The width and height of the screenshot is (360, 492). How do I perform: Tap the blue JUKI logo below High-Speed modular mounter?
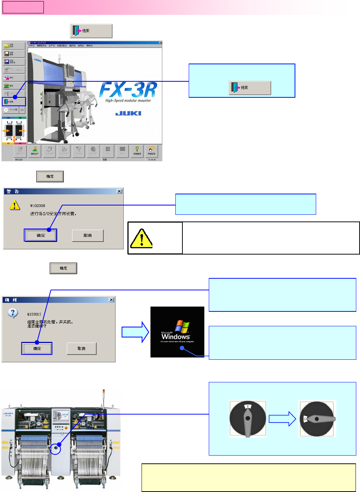coord(128,113)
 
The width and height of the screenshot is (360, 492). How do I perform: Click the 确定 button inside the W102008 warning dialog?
coord(40,235)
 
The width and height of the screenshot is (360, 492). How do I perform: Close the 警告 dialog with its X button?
coord(119,191)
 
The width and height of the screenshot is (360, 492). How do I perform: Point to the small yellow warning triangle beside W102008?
coord(14,205)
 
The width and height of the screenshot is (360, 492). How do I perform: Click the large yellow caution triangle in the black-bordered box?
coord(142,238)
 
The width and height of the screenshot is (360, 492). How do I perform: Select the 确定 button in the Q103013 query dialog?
coord(37,349)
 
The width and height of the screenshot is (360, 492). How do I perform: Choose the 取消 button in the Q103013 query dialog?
coord(81,349)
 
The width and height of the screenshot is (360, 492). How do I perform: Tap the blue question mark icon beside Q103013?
coord(13,313)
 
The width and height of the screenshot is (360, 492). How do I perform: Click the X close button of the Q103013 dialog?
coord(111,300)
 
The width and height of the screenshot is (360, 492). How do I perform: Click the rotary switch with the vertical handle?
coord(247,418)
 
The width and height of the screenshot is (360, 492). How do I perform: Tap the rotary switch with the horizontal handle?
coord(317,418)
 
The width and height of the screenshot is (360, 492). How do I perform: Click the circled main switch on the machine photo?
coord(55,449)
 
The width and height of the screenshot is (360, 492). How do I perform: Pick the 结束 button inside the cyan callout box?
coord(250,88)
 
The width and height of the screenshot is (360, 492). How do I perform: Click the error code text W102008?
coord(38,205)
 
